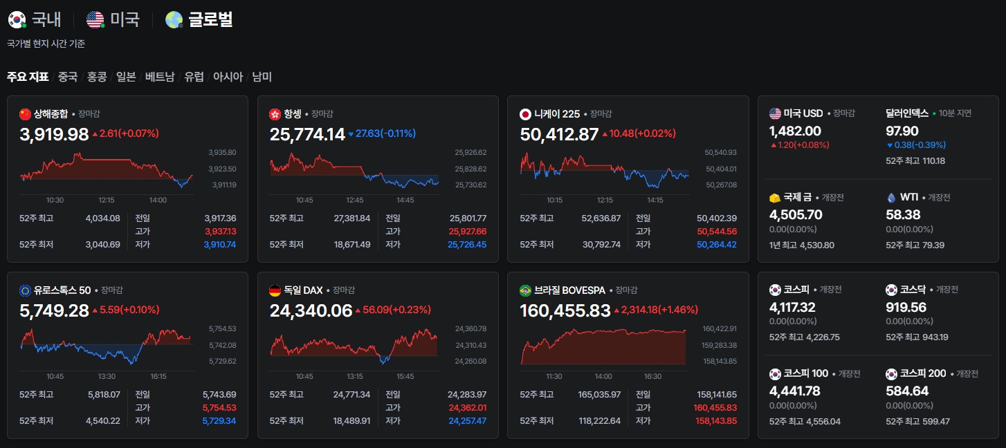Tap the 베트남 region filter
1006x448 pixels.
click(159, 77)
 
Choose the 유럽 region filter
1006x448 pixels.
click(194, 77)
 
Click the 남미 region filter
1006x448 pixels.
click(262, 77)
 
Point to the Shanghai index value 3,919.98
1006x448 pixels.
click(54, 134)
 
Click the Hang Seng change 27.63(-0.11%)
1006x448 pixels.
click(385, 133)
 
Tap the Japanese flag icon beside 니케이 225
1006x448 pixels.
click(525, 115)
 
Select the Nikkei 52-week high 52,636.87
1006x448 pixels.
click(601, 218)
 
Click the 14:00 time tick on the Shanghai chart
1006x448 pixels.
click(158, 200)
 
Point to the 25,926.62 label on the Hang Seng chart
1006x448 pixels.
click(470, 152)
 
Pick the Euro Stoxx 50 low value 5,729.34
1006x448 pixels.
click(219, 420)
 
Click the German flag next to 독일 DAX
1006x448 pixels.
click(275, 291)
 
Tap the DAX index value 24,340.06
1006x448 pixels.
click(311, 310)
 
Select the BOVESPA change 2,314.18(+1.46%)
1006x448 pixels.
click(659, 310)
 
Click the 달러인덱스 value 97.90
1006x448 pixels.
click(902, 131)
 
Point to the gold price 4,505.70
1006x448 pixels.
click(796, 214)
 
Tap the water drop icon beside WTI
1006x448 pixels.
click(891, 198)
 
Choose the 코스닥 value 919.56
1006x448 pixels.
click(906, 307)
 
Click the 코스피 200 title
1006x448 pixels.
click(923, 373)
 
